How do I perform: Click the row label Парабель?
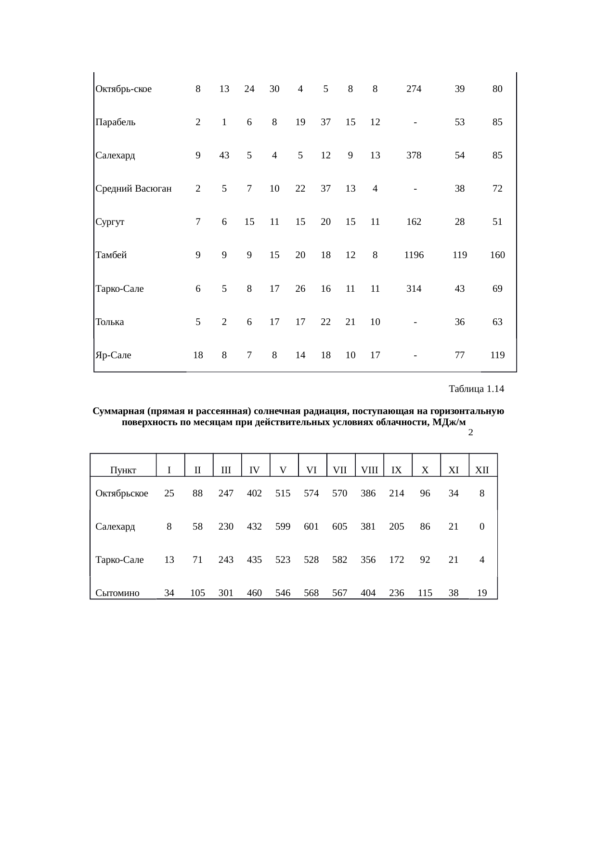tap(116, 122)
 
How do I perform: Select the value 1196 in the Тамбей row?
tap(414, 255)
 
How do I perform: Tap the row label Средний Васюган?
tap(134, 189)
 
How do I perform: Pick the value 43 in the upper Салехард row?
tap(224, 156)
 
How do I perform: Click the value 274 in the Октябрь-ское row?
tap(414, 89)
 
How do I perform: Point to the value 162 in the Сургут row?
tap(414, 222)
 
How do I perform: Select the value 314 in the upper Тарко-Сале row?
tap(414, 289)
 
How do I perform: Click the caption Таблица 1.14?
tap(476, 389)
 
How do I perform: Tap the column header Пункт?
tap(123, 470)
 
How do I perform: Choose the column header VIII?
tap(369, 470)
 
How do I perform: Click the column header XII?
tap(482, 470)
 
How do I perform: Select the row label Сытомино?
tap(117, 593)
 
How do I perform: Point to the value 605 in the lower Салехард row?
tap(339, 527)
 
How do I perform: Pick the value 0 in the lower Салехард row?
tap(482, 527)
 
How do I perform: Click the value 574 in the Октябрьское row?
tap(311, 494)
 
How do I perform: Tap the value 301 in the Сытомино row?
tap(226, 593)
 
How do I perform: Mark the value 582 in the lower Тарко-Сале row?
tap(339, 560)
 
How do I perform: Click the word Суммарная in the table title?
tap(118, 412)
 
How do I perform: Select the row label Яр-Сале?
tap(114, 355)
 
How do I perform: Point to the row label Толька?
tap(110, 322)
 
